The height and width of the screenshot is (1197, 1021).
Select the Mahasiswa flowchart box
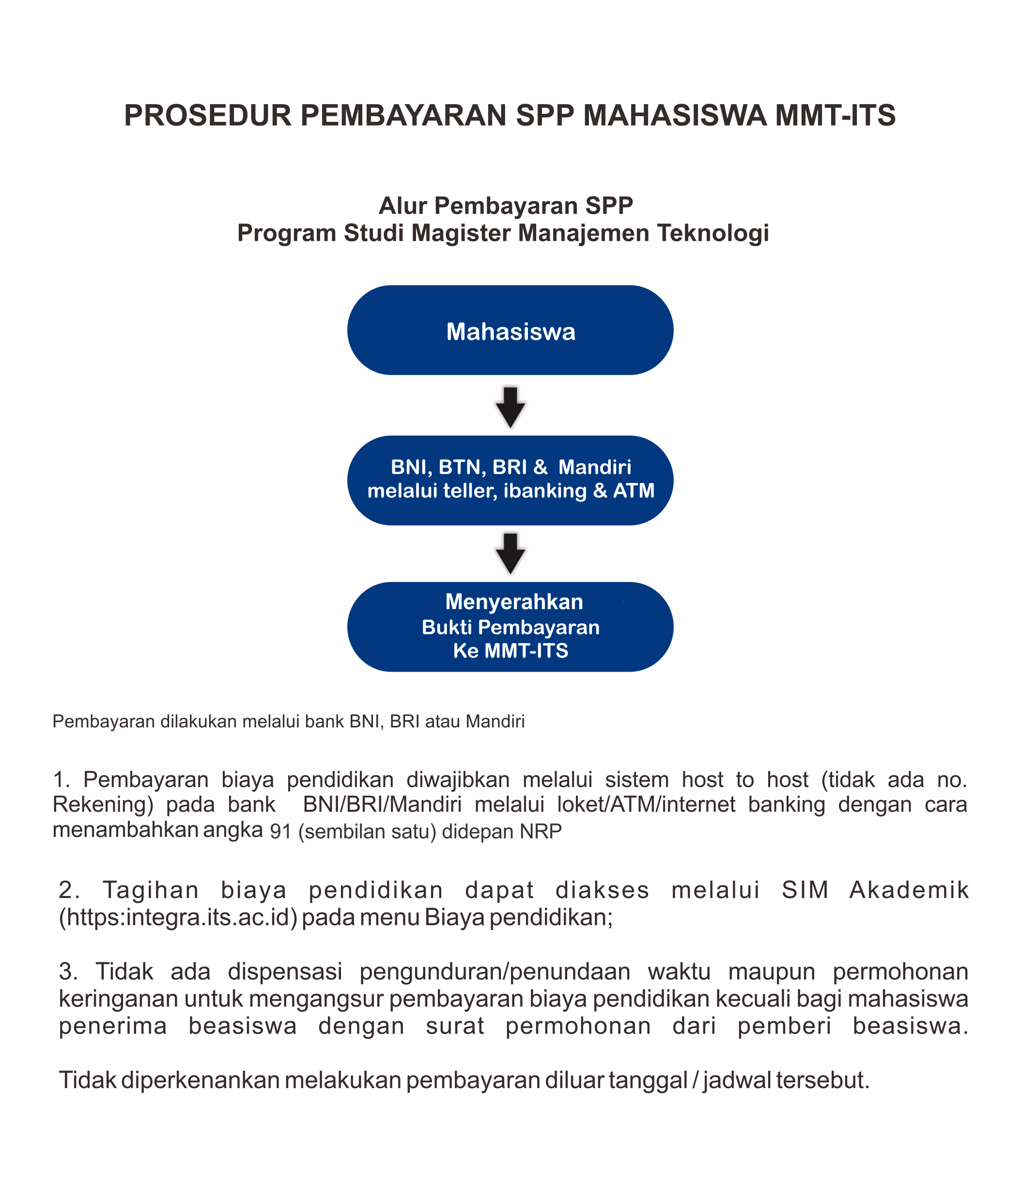(510, 331)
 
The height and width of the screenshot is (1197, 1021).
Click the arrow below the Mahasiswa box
(510, 407)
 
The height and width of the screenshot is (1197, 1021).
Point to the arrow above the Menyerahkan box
(510, 553)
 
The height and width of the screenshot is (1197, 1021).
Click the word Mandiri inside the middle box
(594, 467)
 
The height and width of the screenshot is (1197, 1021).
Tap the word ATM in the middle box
(634, 490)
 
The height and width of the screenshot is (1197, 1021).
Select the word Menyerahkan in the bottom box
(514, 602)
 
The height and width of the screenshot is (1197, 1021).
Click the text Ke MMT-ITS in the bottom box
(510, 651)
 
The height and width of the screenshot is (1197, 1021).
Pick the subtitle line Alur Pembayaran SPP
(506, 205)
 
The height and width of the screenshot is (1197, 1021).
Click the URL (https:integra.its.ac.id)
(178, 917)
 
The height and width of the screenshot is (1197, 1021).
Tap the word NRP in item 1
(541, 831)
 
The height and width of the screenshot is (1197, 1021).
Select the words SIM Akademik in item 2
(874, 890)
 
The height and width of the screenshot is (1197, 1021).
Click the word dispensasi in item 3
(285, 972)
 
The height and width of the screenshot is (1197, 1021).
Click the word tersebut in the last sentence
(822, 1080)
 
